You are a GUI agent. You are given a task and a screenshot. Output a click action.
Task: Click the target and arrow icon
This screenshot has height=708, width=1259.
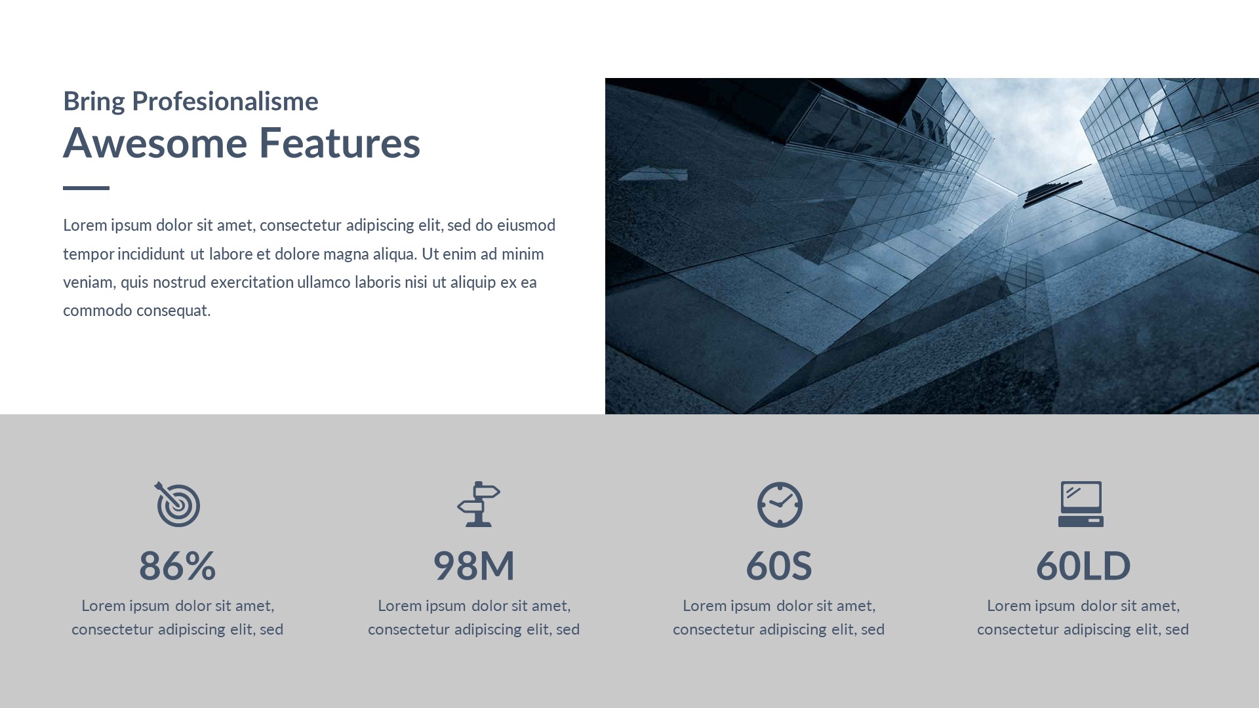[177, 504]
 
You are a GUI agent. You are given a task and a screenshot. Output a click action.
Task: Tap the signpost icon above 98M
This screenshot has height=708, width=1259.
[479, 504]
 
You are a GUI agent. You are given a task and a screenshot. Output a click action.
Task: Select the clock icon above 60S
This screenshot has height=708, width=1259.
[780, 505]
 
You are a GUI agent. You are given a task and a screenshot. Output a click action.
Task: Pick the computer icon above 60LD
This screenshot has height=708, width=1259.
[1081, 504]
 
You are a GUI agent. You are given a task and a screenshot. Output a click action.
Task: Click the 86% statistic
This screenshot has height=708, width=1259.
[177, 565]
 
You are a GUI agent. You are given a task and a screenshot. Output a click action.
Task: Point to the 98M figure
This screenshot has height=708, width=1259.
[474, 565]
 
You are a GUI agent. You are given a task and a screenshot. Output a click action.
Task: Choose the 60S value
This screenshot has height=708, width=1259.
[779, 565]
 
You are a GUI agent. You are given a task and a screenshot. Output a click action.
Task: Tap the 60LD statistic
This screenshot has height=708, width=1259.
[1083, 565]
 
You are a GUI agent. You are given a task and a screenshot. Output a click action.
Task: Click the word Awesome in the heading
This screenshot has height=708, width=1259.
[155, 142]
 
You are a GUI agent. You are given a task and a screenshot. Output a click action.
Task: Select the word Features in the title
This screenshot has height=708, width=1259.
[340, 142]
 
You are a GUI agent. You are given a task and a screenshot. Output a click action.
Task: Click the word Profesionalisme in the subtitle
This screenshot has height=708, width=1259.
[225, 101]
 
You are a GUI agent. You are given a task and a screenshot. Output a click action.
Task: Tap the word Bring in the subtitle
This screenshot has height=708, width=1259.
[94, 102]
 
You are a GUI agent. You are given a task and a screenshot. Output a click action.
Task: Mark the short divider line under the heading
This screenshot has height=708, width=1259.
[86, 188]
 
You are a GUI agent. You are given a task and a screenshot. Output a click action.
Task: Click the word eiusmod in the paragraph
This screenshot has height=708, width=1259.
[526, 225]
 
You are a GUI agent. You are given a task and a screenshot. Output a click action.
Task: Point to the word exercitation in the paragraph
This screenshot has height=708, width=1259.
[252, 282]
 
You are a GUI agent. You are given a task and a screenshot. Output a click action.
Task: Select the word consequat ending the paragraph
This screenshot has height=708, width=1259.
[173, 311]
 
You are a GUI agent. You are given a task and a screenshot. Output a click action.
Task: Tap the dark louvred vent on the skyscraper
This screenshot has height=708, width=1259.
[1052, 193]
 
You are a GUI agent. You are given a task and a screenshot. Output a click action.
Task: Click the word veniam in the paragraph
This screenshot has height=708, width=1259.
[89, 283]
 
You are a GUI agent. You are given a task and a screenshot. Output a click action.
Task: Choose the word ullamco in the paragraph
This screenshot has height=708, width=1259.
[323, 282]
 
